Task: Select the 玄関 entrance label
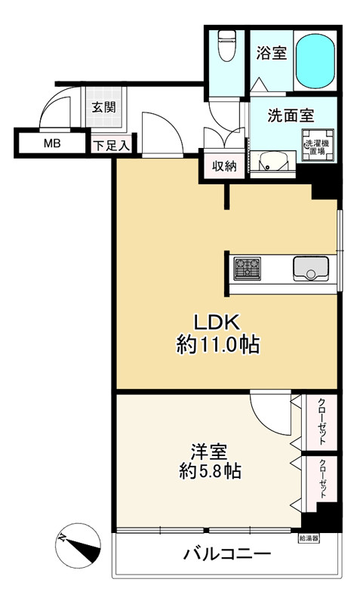click(103, 106)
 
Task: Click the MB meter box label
click(51, 143)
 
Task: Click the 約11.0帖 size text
click(218, 346)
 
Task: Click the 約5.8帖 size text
click(209, 473)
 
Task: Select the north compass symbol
click(78, 543)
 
